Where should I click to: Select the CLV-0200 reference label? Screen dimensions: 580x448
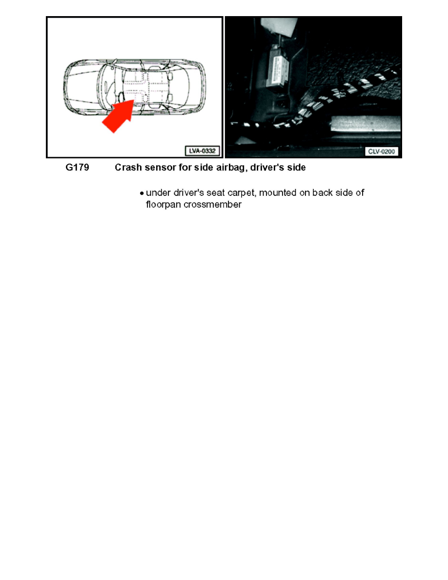click(x=382, y=151)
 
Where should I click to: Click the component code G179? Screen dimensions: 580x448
click(x=77, y=168)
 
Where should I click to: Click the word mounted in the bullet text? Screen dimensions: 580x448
click(x=278, y=193)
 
